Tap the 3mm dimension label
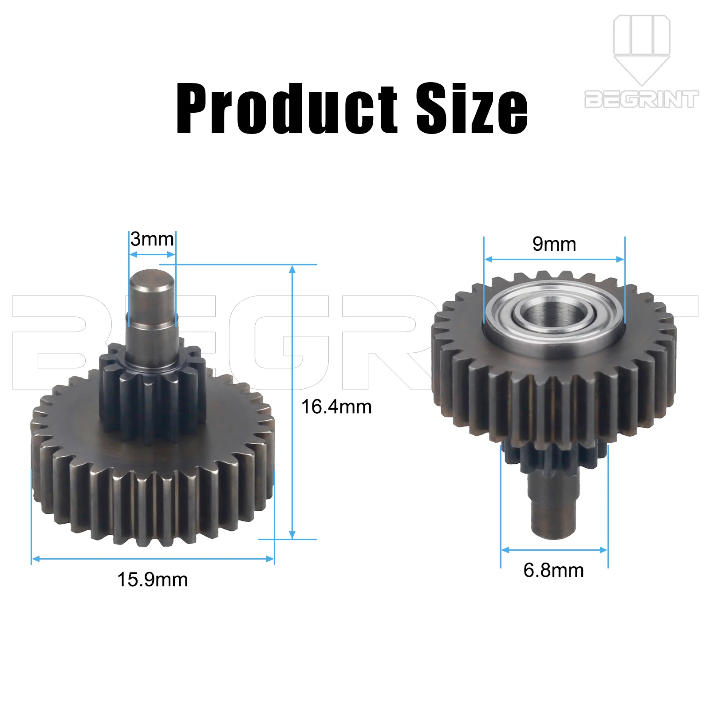tap(152, 239)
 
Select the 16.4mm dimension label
tap(336, 407)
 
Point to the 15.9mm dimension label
tap(152, 580)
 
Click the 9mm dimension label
tap(554, 244)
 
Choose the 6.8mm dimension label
tap(553, 570)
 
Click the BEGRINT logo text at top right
tap(641, 99)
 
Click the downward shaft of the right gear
tap(554, 506)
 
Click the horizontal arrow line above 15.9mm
tap(153, 559)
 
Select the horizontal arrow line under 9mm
tap(554, 259)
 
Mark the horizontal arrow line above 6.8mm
tap(554, 550)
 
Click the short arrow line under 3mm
tap(152, 254)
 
